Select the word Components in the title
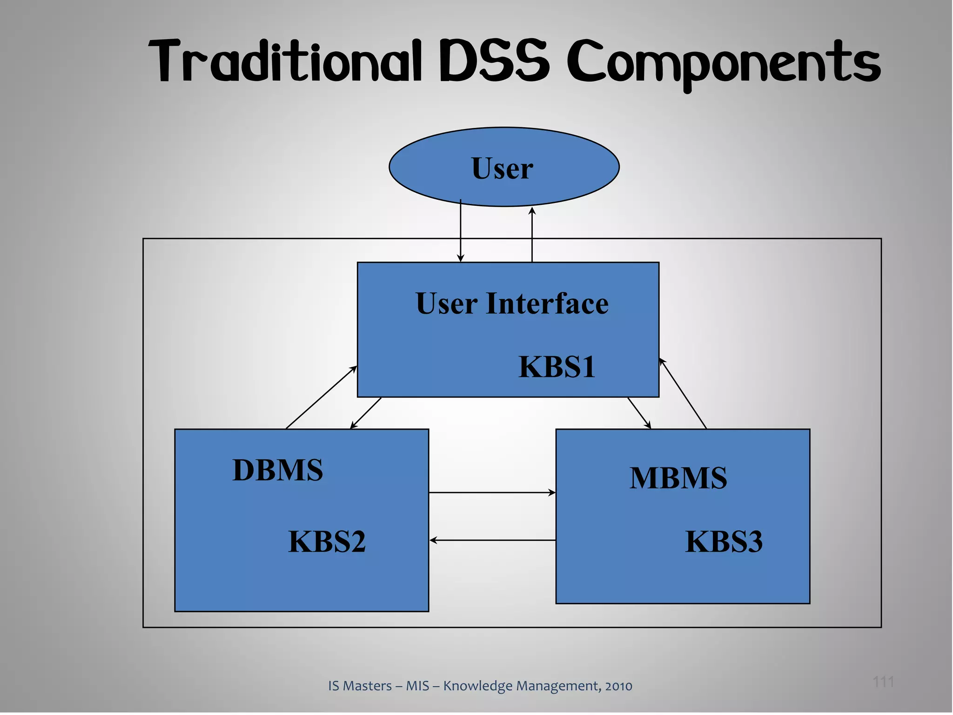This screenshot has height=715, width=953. [724, 63]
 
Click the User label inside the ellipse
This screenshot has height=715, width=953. [502, 168]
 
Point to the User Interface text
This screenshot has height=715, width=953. [512, 304]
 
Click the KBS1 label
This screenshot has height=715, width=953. [557, 367]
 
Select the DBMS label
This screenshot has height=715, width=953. [278, 470]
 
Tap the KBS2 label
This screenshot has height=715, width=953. [327, 541]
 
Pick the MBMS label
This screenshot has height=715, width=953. [678, 478]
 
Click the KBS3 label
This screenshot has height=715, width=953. [724, 541]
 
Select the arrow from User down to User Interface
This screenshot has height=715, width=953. [461, 233]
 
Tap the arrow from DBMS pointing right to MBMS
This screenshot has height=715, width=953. [492, 492]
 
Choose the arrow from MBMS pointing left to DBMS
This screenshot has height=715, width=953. [492, 540]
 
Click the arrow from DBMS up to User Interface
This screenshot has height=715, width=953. [321, 398]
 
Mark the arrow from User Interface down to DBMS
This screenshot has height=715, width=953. [366, 413]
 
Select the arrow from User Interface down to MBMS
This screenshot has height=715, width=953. [639, 413]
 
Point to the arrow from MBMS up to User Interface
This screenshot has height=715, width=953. [683, 394]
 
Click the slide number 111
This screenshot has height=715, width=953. [883, 682]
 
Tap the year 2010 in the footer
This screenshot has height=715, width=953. [618, 686]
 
